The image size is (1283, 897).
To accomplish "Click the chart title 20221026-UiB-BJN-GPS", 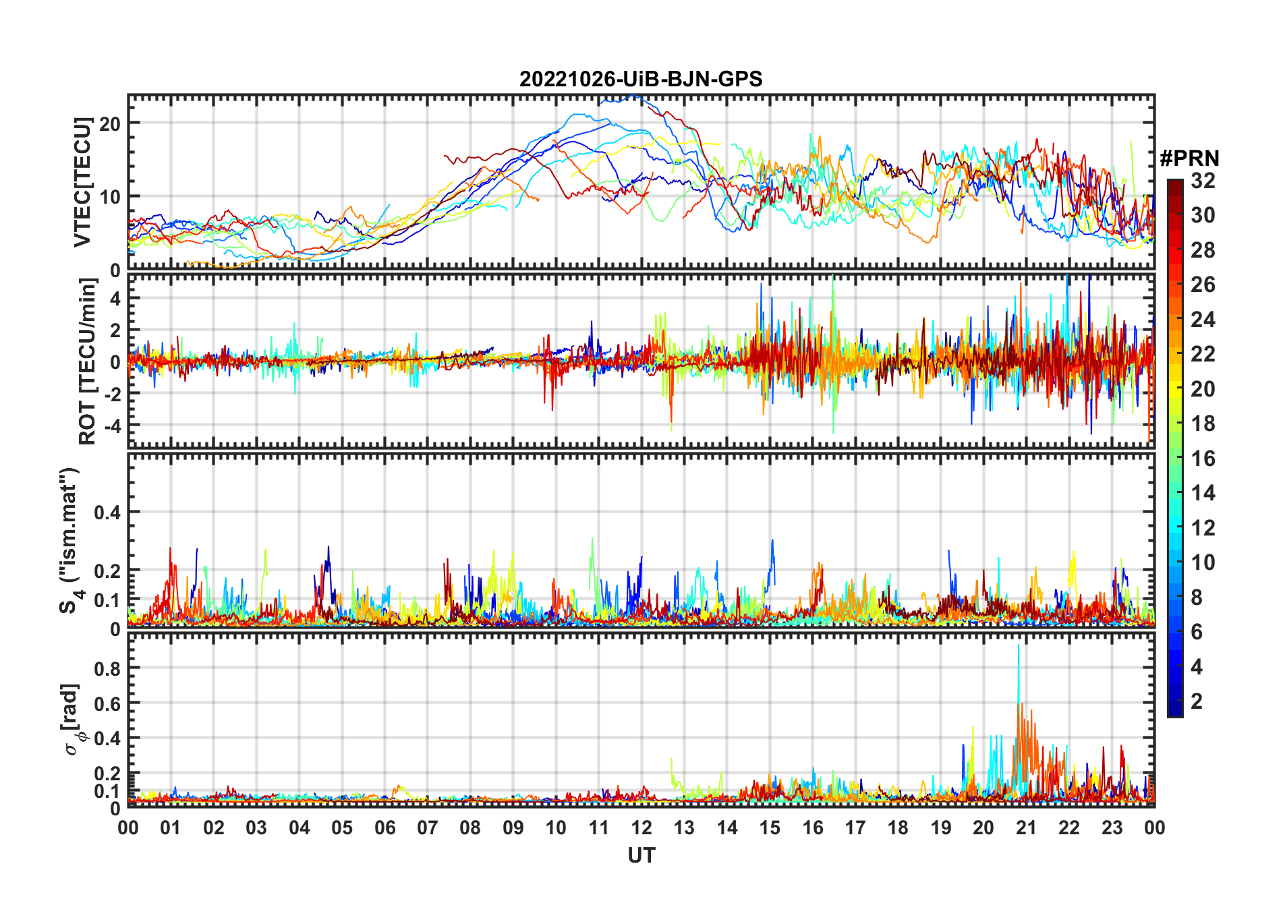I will pos(641,80).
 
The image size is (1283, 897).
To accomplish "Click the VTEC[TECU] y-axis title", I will pos(82,182).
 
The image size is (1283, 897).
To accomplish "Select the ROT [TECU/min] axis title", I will pos(88,361).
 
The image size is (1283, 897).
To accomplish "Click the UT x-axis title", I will pos(641,856).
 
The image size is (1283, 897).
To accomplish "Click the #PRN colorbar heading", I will pos(1189,158).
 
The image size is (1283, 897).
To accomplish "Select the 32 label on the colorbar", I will pos(1203,181).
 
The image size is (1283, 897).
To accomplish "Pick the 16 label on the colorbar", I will pos(1203,459).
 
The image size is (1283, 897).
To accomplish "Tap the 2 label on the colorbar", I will pos(1197,701).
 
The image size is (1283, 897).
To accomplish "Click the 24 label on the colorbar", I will pos(1203,320).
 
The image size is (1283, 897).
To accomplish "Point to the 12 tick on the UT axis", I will pos(641,828).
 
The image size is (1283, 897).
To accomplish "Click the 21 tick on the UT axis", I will pos(1026,828).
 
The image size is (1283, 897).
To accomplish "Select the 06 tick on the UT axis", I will pos(385,828).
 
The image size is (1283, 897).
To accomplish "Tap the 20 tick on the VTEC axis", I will pos(110,123).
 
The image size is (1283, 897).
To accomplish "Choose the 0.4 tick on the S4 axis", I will pos(107,513).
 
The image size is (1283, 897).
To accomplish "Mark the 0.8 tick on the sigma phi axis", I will pos(107,668).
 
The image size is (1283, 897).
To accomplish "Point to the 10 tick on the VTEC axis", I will pos(110,197).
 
